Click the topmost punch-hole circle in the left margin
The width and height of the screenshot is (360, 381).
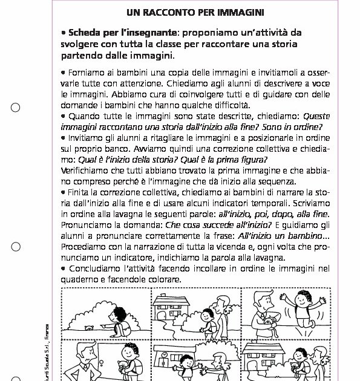pos(16,108)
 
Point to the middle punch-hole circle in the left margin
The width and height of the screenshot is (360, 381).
pos(16,246)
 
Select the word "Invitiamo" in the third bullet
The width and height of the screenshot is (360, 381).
pos(89,138)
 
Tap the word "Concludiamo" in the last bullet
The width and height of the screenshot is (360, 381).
pos(94,269)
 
